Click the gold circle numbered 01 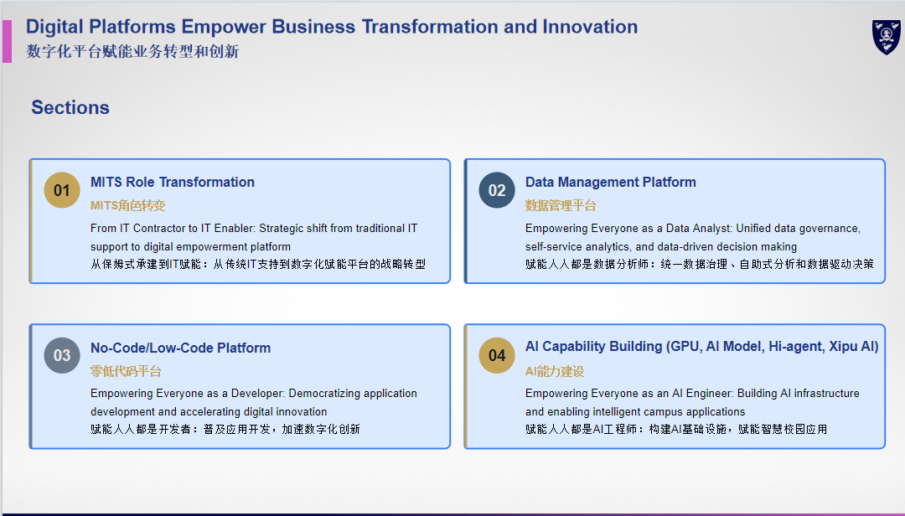click(62, 190)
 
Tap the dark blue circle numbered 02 click(496, 190)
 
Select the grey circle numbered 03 click(62, 355)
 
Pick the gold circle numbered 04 click(496, 355)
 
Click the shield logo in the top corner click(886, 37)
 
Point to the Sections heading click(70, 107)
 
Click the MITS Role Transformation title click(173, 182)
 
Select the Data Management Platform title click(611, 182)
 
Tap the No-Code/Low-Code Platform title click(181, 348)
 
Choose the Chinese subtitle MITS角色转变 click(127, 205)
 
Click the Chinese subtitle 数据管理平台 click(561, 205)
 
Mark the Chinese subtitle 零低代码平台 click(126, 371)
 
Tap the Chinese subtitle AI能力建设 click(555, 371)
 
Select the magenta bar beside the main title click(7, 42)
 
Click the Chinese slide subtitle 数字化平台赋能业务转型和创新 click(132, 51)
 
